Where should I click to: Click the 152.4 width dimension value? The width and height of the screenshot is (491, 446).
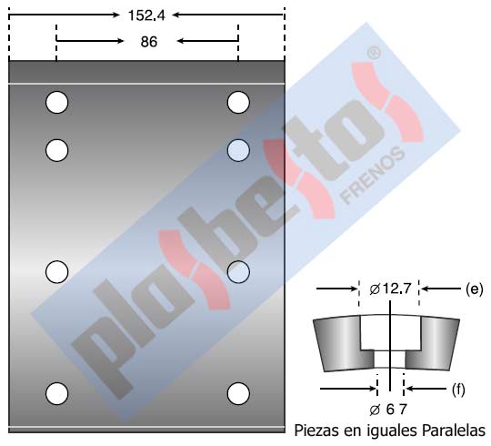pos(146,15)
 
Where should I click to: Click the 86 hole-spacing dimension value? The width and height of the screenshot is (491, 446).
pos(149,42)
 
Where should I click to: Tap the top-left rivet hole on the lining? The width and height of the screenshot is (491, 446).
pos(56,102)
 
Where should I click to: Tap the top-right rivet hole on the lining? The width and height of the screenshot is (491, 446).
pos(238,102)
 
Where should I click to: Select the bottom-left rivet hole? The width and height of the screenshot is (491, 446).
pos(56,393)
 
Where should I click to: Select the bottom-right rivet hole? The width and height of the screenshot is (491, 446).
pos(238,393)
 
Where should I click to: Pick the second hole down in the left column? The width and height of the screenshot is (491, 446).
pos(56,150)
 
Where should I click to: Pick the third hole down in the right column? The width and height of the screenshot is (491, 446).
pos(238,272)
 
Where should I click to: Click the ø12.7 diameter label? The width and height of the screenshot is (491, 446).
pos(390,289)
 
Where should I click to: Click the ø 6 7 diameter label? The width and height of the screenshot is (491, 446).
pos(388,410)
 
